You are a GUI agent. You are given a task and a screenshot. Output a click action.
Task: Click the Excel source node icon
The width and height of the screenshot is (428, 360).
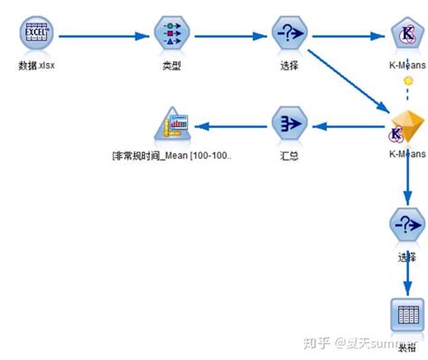point(36,35)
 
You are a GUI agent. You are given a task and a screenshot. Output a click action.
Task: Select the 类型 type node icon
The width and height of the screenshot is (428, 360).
point(172,35)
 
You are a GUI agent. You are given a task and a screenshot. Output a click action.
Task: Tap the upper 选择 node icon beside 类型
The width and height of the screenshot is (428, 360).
point(289,35)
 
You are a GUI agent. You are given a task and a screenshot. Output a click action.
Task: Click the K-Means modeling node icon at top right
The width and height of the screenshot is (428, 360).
point(406,35)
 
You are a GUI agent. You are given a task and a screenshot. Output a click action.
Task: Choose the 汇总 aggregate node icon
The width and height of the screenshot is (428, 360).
point(289,125)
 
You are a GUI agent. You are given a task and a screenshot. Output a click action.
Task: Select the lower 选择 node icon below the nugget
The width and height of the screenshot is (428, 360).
point(405,225)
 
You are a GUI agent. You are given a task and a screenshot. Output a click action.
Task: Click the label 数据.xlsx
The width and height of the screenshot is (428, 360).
point(36,66)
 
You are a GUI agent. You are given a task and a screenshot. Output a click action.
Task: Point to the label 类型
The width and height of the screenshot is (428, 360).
point(172,66)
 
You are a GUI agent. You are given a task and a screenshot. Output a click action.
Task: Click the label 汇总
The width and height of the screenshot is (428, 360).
point(289,155)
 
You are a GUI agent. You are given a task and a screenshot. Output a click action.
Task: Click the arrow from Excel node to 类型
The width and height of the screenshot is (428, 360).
point(104,36)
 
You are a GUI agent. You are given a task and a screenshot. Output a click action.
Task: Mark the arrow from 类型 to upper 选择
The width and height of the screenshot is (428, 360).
point(230,36)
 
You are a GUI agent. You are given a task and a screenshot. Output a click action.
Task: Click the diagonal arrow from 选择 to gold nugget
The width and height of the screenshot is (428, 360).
point(348,86)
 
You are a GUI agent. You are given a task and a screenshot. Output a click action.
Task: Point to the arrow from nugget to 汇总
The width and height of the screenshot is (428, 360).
point(348,125)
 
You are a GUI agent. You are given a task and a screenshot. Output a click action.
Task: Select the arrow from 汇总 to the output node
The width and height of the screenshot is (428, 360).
point(230,125)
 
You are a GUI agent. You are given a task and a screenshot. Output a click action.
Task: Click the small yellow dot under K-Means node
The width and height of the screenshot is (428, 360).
point(407,80)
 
